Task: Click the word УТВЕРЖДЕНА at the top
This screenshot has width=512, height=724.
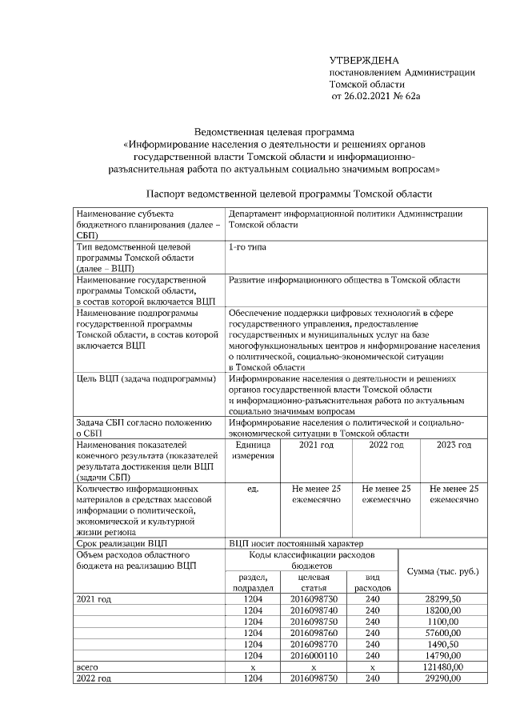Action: click(x=364, y=61)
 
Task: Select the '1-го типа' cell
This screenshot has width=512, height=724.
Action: click(x=248, y=247)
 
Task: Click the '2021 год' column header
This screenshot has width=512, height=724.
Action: click(x=316, y=444)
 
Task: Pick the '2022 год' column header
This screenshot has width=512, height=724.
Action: click(x=386, y=444)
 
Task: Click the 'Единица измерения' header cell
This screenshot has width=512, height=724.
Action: click(x=253, y=450)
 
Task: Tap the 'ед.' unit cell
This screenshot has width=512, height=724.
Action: click(x=253, y=487)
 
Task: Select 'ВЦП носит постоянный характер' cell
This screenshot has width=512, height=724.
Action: click(x=295, y=542)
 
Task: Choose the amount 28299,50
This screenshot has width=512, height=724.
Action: click(x=443, y=598)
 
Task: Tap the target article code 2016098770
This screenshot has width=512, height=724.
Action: click(x=314, y=643)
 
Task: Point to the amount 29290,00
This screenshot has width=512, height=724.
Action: click(x=443, y=678)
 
